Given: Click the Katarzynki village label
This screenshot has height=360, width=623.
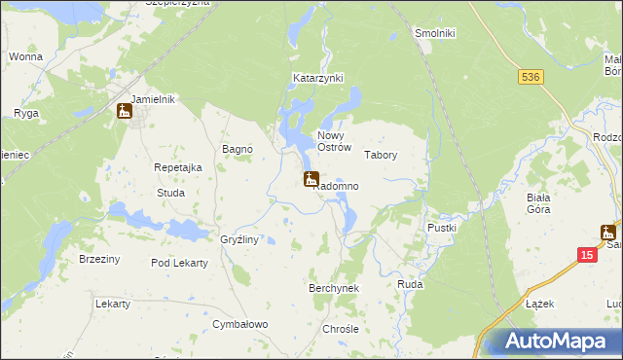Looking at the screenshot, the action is (318, 77).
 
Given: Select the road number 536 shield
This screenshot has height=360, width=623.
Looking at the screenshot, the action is (530, 77).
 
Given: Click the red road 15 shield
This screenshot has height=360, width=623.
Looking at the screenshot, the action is (585, 254).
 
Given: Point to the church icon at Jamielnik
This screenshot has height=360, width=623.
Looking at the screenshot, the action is (125, 112).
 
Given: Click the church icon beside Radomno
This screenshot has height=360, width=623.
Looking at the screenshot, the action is (311, 179).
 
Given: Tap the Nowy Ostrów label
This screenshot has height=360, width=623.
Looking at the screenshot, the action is (333, 141).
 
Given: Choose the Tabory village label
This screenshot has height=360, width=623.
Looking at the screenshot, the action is (381, 155).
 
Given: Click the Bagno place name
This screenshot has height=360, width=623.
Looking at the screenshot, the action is (238, 149).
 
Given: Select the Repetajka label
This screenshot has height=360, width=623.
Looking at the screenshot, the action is (178, 167).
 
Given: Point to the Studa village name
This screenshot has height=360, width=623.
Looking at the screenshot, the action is (170, 193).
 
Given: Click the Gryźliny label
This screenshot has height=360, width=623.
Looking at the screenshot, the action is (238, 239).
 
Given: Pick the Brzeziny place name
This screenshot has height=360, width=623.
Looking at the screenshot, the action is (99, 259).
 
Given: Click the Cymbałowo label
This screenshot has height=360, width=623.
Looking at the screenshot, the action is (241, 324).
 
